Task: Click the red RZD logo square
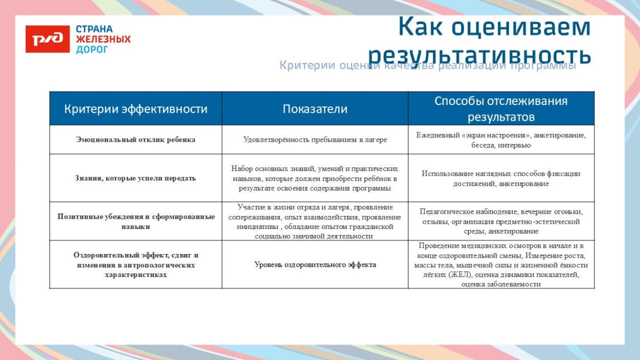click(48, 39)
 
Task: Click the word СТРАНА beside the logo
click(94, 29)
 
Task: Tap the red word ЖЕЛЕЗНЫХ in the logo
click(103, 39)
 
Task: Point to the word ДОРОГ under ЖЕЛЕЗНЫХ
click(92, 50)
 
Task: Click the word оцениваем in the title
click(521, 27)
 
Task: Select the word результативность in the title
click(479, 55)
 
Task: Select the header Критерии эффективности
click(136, 109)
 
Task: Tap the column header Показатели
click(315, 109)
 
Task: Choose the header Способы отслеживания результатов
click(501, 109)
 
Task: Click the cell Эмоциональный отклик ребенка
click(136, 140)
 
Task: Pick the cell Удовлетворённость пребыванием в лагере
click(315, 140)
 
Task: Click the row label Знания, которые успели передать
click(136, 178)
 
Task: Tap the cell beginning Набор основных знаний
click(315, 178)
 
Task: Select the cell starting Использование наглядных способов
click(501, 178)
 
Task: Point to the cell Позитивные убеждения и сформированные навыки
click(136, 221)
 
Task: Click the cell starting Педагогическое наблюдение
click(501, 221)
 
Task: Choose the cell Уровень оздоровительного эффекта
click(315, 265)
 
